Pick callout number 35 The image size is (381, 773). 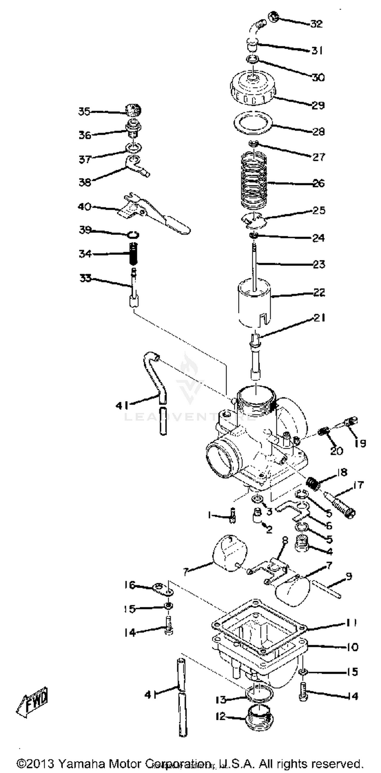(84, 111)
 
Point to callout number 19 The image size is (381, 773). (360, 443)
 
